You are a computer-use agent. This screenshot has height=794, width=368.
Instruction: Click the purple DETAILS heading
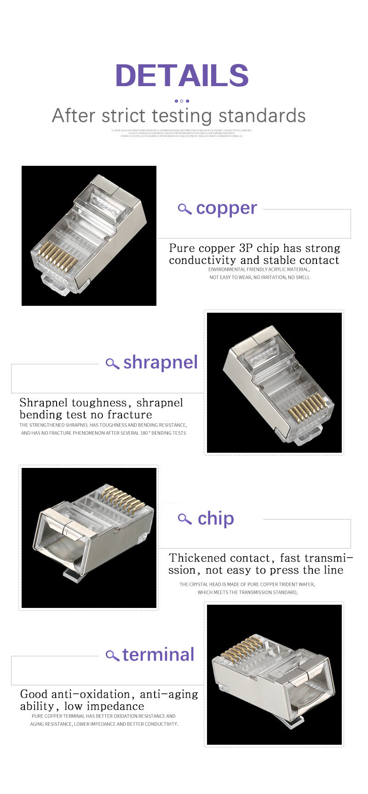[182, 75]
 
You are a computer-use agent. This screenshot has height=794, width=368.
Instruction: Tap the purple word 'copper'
[226, 208]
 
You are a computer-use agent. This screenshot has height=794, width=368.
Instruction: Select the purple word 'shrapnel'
[160, 362]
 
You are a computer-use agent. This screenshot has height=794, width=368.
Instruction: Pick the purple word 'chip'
[216, 519]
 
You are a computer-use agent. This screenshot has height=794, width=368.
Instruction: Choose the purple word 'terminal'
[158, 654]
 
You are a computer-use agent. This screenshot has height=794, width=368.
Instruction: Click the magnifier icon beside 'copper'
[184, 209]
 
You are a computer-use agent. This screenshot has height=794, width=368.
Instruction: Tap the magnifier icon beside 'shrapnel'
[112, 363]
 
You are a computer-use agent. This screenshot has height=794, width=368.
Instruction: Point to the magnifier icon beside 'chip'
[184, 519]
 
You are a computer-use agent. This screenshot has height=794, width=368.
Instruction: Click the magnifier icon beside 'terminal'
[112, 655]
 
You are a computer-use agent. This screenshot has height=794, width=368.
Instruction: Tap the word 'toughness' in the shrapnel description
[98, 403]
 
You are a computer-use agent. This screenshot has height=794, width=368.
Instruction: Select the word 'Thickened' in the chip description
[197, 558]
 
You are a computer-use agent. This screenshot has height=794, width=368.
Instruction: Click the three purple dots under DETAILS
[182, 101]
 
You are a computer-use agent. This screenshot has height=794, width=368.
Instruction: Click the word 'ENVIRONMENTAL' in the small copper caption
[227, 269]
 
